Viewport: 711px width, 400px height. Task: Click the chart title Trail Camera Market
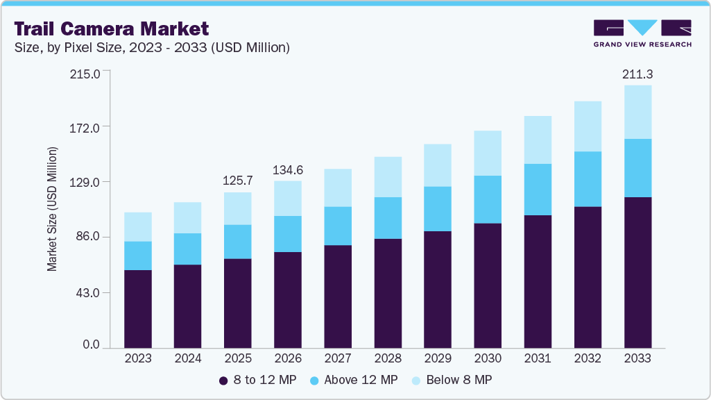111,29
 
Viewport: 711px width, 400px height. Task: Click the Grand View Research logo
642,33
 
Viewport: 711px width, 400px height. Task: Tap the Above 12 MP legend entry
354,380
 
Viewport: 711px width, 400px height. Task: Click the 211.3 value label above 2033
637,74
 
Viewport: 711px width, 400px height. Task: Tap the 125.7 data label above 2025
238,181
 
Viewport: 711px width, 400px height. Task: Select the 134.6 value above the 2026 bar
288,170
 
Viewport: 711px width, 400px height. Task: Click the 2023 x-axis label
138,358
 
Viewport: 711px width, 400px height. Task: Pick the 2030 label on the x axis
488,358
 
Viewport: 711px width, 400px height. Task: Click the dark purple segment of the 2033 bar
637,271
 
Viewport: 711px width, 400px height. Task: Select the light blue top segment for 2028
388,176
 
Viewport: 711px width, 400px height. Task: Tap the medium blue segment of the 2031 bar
538,189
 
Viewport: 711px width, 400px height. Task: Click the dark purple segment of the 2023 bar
138,308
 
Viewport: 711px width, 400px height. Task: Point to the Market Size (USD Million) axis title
53,209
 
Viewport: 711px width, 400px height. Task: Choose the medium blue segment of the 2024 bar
188,249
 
